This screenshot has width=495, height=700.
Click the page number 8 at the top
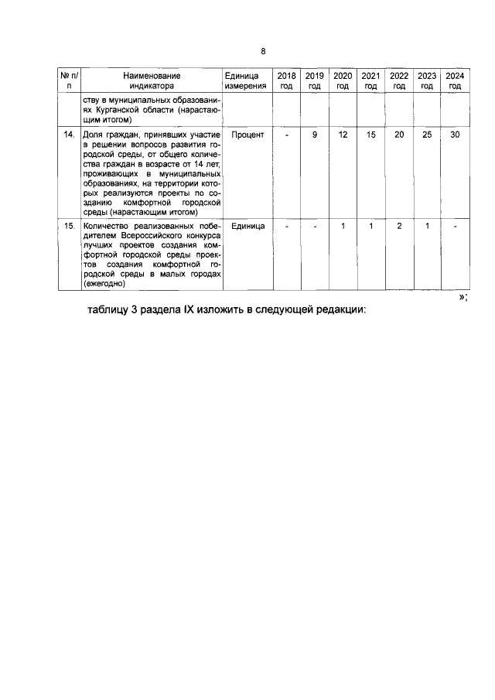click(263, 51)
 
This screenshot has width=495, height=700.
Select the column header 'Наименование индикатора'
click(152, 81)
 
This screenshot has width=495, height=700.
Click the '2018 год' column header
click(286, 81)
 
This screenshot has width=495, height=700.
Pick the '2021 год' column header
click(370, 81)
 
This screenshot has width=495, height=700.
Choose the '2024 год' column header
click(455, 81)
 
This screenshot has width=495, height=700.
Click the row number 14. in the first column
click(69, 135)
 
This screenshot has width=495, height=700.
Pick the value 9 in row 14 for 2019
click(315, 135)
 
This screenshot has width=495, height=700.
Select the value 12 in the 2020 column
click(343, 135)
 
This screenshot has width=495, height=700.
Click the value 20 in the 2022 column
click(399, 135)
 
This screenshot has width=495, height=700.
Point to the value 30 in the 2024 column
click(455, 135)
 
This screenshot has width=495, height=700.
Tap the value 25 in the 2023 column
click(427, 135)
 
